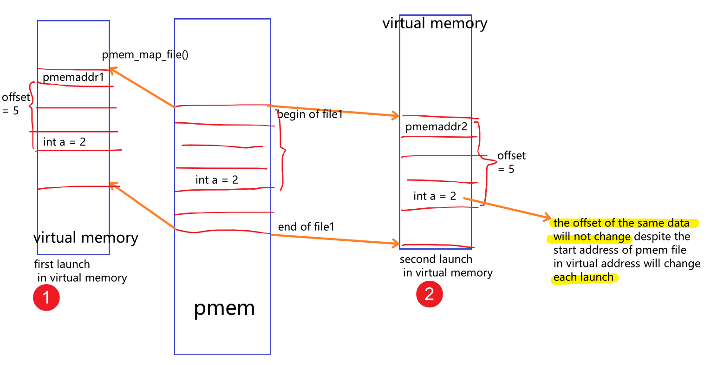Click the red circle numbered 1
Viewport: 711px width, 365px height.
point(46,298)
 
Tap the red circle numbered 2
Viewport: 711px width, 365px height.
point(429,294)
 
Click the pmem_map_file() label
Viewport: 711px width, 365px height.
point(145,55)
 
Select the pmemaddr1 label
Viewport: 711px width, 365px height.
point(73,77)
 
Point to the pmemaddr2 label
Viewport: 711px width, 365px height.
point(436,126)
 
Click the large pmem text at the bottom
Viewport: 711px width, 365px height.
point(224,308)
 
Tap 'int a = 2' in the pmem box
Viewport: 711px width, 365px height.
point(216,180)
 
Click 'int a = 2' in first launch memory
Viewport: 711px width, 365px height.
point(64,142)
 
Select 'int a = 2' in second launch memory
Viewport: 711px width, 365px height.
point(435,196)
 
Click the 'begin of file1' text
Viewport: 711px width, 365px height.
point(310,114)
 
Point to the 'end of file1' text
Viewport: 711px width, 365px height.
point(306,227)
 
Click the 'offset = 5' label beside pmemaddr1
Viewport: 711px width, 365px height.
point(14,104)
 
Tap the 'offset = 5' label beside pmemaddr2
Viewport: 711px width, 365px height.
point(511,162)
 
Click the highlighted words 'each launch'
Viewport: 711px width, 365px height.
point(583,278)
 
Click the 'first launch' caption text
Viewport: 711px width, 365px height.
point(62,264)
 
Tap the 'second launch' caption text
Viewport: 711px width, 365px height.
point(436,259)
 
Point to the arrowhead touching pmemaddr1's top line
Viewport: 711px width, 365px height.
point(112,70)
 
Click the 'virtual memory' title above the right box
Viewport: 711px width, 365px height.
point(435,23)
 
